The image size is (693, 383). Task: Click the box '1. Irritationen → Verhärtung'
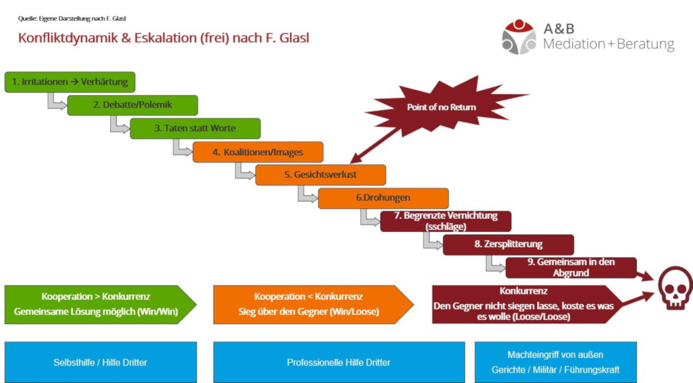[x=69, y=82]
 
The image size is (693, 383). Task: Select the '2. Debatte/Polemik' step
[x=132, y=105]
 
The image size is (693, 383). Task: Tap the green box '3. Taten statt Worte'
[x=195, y=128]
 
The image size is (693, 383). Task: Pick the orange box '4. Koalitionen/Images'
[x=257, y=152]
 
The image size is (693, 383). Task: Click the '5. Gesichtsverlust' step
[x=320, y=175]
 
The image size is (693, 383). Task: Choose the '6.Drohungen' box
[x=383, y=198]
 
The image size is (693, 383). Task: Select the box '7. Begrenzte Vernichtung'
[x=446, y=221]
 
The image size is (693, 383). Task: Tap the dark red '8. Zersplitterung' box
[x=508, y=244]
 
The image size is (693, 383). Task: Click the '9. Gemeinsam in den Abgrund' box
[x=571, y=267]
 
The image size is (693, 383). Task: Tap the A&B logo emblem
[x=519, y=37]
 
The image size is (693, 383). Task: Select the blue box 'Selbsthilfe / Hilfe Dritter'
[x=100, y=362]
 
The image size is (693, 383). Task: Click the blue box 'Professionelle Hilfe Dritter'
[x=339, y=362]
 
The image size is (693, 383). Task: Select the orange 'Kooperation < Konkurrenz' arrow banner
[x=308, y=304]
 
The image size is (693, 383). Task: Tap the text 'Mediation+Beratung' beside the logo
[x=608, y=45]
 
